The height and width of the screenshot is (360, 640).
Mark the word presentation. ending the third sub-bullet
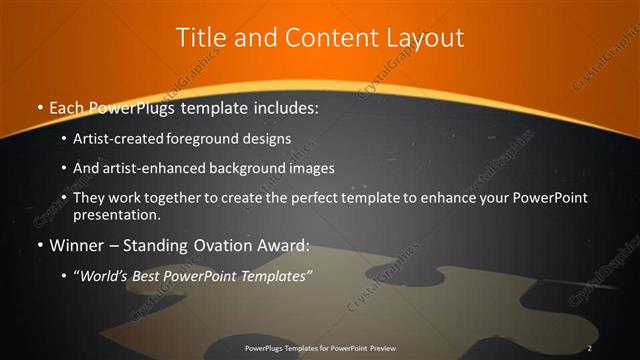tap(116, 215)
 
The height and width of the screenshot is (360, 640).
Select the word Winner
tap(74, 245)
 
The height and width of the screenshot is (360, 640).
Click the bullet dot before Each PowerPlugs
tap(38, 108)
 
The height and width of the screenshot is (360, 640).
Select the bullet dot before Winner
tap(38, 246)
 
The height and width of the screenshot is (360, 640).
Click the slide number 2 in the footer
tap(590, 348)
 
